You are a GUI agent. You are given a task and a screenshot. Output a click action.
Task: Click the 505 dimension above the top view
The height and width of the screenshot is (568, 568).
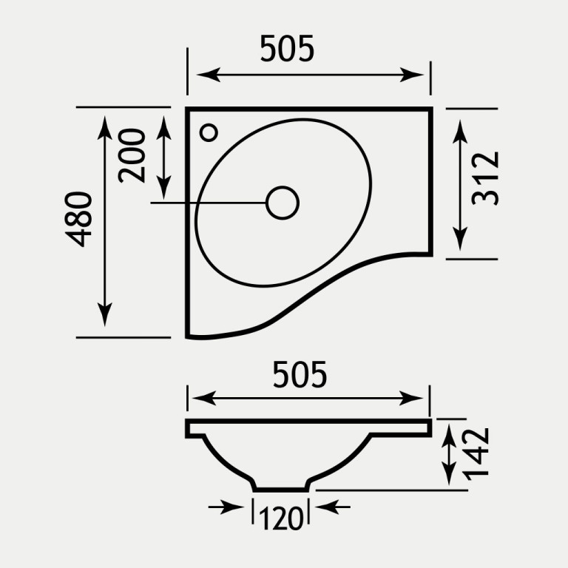point(287,49)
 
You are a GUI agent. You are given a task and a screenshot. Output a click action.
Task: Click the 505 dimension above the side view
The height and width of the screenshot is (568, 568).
point(299,376)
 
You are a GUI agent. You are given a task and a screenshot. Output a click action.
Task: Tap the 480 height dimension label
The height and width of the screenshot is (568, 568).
point(78,219)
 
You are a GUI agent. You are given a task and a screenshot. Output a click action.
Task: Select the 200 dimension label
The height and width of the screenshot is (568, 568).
point(133,155)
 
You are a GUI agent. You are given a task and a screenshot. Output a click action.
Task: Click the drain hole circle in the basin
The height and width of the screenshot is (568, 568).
point(282,203)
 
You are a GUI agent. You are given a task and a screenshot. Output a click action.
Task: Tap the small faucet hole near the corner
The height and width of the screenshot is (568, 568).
point(209,132)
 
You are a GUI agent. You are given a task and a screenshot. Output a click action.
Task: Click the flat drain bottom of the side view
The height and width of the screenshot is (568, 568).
point(281,488)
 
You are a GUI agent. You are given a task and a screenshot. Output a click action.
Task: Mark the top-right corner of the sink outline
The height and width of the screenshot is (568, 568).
point(430,109)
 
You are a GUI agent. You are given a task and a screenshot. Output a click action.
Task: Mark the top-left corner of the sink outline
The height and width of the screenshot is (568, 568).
point(188,109)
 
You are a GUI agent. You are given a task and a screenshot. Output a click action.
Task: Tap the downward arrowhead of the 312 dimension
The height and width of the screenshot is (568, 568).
point(460,240)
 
